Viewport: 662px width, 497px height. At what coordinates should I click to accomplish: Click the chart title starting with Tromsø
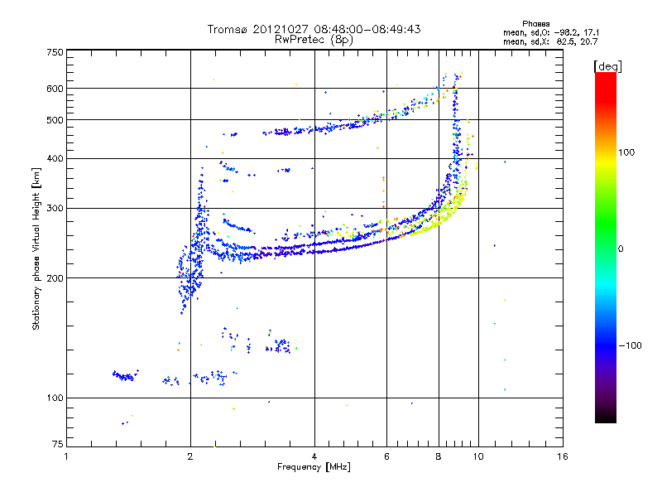click(x=314, y=29)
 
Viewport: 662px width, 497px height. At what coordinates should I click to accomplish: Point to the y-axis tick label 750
click(x=55, y=51)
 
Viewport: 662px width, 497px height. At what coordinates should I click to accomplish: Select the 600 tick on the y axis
click(x=55, y=88)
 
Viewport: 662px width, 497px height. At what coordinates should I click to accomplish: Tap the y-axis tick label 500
click(x=55, y=120)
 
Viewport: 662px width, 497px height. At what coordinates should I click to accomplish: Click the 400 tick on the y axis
click(x=55, y=158)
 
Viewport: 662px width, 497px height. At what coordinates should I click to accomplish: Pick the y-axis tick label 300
click(x=55, y=208)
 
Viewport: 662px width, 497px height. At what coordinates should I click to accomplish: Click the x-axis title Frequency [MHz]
click(x=314, y=467)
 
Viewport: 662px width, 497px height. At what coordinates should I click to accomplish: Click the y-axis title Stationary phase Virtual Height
click(x=36, y=248)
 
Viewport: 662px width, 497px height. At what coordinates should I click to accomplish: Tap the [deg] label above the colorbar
click(x=607, y=65)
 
